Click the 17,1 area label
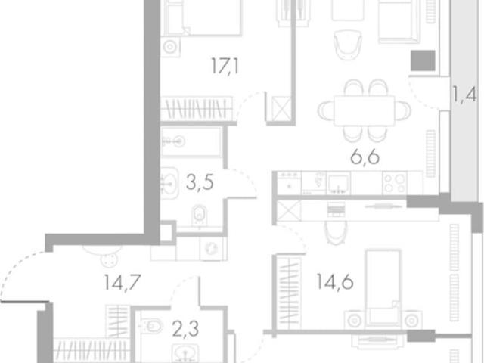225,66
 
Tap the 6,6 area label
365,157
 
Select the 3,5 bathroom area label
200,182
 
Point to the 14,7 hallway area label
123,282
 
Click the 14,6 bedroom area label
335,282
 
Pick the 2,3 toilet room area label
185,329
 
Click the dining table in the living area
365,110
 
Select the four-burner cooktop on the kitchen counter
395,183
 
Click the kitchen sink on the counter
339,183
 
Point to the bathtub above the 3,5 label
191,142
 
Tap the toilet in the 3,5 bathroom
200,216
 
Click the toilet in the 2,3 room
152,326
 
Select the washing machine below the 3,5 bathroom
212,248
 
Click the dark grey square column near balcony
423,60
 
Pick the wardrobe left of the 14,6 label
289,293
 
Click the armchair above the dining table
348,44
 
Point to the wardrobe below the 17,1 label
197,109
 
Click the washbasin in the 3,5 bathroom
169,183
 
